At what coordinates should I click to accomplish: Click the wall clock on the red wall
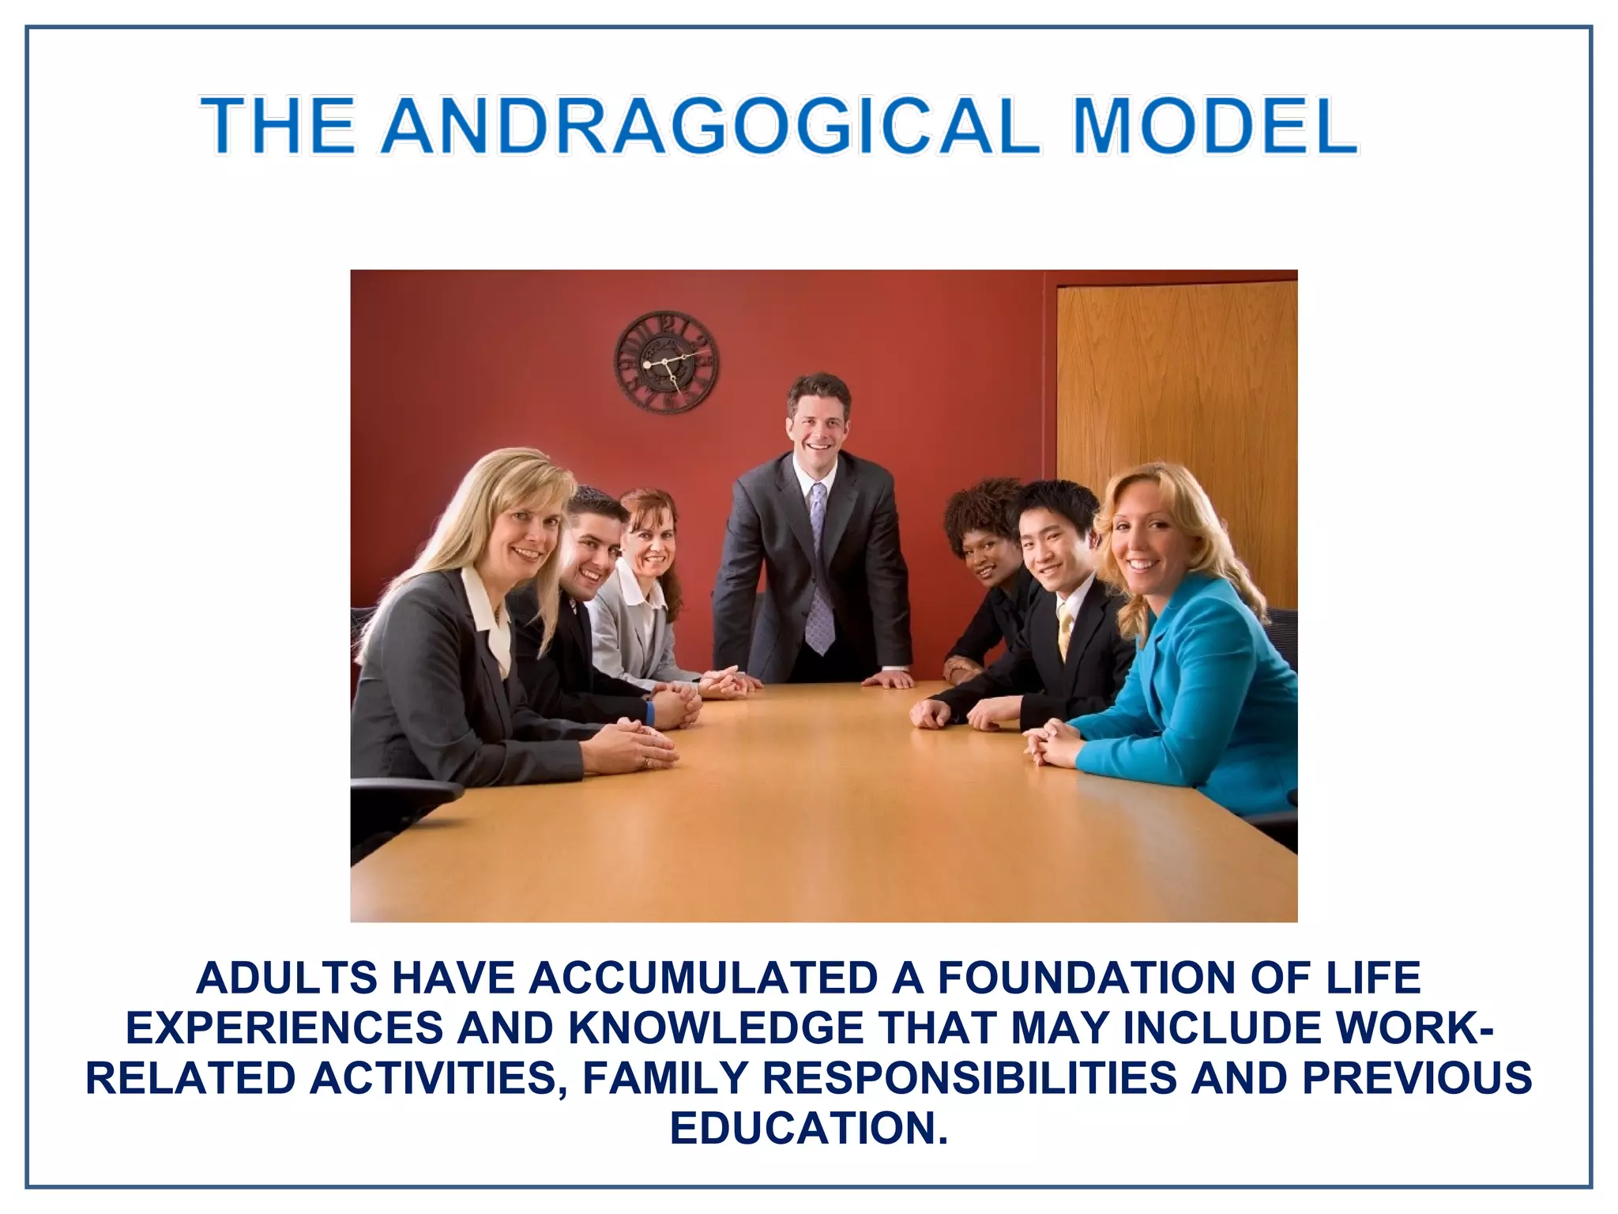pos(667,362)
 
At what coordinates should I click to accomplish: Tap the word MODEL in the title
pos(1214,126)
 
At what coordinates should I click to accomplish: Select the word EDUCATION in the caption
pos(807,1128)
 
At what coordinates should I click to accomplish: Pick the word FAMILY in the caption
pos(664,1078)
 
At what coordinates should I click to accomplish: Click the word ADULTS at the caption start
pos(287,978)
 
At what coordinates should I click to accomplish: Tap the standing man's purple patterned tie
pos(819,573)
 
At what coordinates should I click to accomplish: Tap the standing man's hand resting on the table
pos(889,679)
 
